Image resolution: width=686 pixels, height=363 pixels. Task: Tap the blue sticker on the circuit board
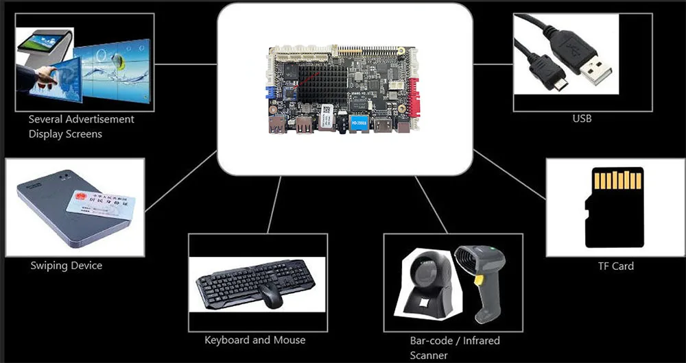(360, 123)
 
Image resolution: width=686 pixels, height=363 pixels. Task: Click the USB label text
(582, 119)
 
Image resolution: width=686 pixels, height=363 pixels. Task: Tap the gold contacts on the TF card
(617, 180)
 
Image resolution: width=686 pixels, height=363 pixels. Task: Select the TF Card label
(615, 266)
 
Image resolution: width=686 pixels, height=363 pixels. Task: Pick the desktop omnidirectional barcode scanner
(425, 288)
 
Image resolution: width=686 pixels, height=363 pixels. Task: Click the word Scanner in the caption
(429, 355)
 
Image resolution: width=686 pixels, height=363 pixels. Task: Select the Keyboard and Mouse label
(255, 340)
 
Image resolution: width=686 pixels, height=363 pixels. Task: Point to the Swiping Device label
(66, 266)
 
